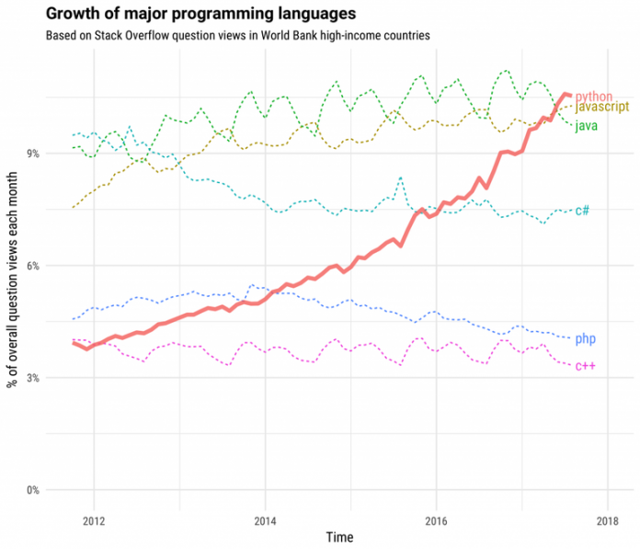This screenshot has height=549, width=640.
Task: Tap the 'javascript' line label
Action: point(601,108)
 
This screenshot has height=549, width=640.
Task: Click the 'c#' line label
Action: point(582,211)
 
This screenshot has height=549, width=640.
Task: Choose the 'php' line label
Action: point(585,339)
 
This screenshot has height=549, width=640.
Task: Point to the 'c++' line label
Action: point(585,366)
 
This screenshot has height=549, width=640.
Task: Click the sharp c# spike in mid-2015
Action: point(400,177)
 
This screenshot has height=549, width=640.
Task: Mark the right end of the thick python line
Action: point(571,95)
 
